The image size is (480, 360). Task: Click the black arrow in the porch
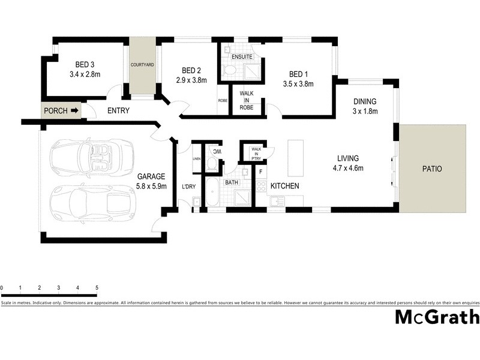[x=74, y=110]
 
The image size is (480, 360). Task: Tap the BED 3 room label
[x=84, y=65]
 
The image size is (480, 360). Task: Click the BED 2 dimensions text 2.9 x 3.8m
[x=191, y=80]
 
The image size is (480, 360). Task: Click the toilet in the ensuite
[x=229, y=70]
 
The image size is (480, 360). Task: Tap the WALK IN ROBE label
[x=247, y=100]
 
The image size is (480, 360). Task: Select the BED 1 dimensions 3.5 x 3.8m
[x=298, y=84]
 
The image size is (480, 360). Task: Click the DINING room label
[x=364, y=101]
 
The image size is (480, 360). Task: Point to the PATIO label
[x=431, y=169]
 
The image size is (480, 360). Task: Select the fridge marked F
[x=261, y=172]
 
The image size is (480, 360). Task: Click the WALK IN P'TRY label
[x=256, y=152]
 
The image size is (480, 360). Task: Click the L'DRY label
[x=188, y=187]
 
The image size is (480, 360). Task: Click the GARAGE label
[x=151, y=176]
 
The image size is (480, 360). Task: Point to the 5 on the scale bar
[x=97, y=289]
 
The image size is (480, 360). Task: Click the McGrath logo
[x=436, y=317]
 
